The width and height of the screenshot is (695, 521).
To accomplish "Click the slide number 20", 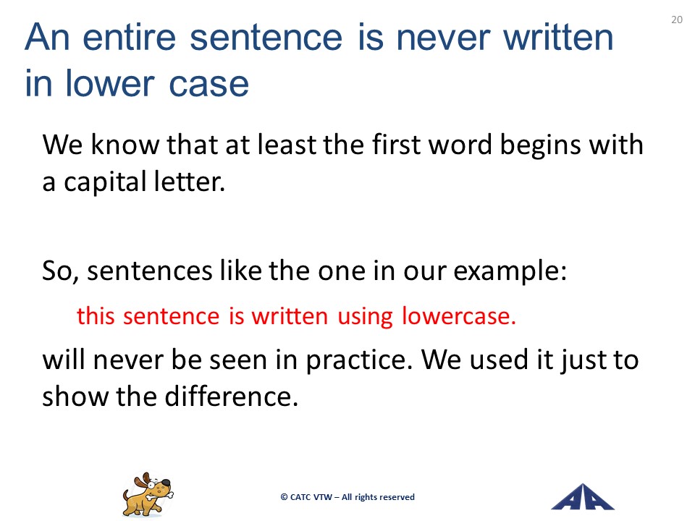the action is [x=677, y=20].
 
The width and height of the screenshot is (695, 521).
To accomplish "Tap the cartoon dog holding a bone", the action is [x=148, y=494].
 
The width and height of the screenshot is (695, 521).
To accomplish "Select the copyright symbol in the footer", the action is [x=284, y=497].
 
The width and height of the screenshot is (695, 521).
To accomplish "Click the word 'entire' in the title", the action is [x=130, y=38].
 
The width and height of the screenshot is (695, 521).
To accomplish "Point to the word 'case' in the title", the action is [x=208, y=84].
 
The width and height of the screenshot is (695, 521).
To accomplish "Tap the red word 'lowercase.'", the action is [x=459, y=316].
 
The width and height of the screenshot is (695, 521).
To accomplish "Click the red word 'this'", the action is [x=96, y=316].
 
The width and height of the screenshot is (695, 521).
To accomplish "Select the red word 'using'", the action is [x=365, y=318].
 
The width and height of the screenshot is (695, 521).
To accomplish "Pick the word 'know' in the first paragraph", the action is [x=125, y=145].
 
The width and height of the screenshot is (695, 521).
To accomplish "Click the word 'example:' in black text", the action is [x=510, y=271].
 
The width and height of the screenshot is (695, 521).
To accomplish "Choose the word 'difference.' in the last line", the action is [x=232, y=396].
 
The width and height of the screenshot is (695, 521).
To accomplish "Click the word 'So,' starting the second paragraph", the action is [x=61, y=271].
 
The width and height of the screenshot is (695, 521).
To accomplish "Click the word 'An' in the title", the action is [x=47, y=38].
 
